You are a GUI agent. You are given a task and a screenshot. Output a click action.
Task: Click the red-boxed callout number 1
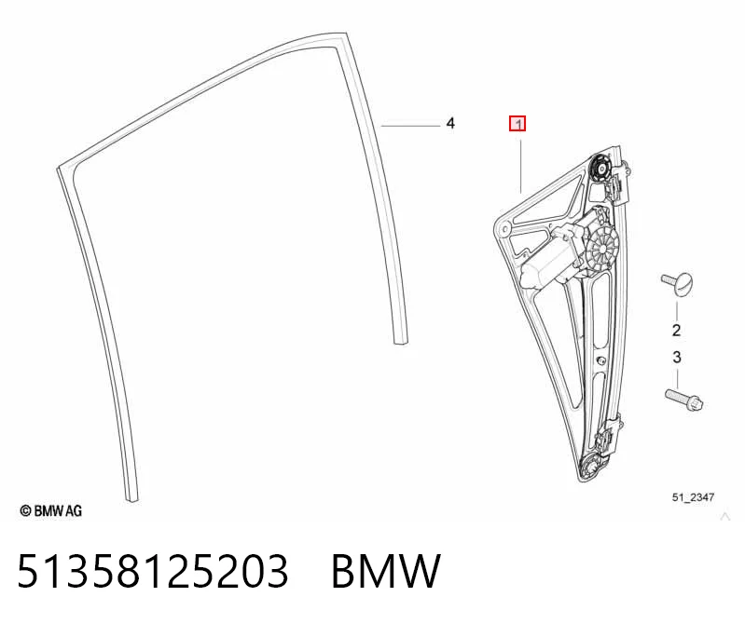tap(517, 124)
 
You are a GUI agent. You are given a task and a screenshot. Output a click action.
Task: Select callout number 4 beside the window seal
tap(450, 123)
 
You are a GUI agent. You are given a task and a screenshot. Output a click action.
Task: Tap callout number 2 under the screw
tap(677, 330)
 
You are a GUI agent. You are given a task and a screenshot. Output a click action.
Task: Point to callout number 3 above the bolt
tap(677, 357)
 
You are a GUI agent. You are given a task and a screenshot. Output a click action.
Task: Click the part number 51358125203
tap(153, 571)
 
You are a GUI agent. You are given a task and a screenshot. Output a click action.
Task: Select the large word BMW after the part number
tap(386, 571)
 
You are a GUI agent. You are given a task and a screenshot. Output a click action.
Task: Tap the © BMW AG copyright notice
tap(51, 510)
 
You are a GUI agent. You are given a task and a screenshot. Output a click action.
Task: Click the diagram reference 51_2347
tap(693, 496)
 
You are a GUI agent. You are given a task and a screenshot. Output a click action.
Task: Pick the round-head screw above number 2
tap(678, 284)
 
